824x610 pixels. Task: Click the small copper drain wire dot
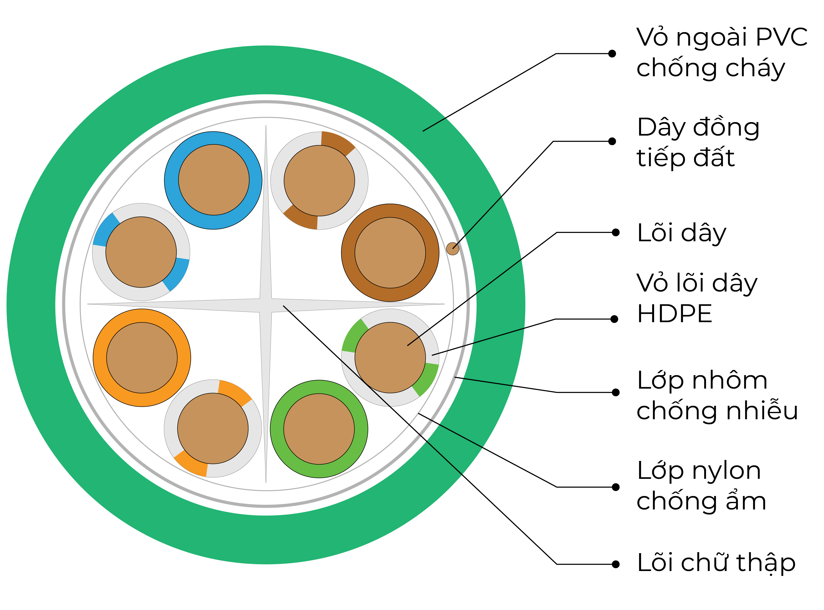pos(453,249)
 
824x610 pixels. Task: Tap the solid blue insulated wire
pos(213,180)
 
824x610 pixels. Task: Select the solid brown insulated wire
pos(390,253)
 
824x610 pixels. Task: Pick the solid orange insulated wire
pos(142,357)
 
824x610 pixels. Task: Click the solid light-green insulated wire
pos(319,429)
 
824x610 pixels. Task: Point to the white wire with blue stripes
pos(141,252)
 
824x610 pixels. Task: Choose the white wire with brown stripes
pos(319,180)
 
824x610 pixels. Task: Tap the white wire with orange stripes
pos(213,428)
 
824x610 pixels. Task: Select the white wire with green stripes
pos(390,357)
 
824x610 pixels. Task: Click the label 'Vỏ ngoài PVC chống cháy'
pos(722,52)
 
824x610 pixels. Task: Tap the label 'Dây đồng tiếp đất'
pos(698,142)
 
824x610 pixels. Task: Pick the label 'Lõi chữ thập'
pos(716,563)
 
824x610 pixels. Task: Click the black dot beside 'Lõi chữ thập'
pos(615,564)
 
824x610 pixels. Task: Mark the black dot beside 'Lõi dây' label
pos(615,232)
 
